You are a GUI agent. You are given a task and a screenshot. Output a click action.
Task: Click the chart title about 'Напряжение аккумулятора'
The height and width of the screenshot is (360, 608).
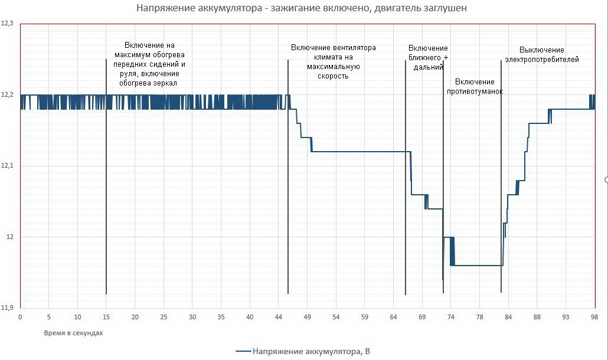304,8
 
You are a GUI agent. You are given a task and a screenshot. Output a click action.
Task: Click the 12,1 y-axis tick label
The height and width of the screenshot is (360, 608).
8,166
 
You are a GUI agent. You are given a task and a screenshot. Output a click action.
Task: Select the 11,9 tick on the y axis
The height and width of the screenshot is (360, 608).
8,307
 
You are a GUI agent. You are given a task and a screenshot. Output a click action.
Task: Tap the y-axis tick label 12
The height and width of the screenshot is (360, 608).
9,237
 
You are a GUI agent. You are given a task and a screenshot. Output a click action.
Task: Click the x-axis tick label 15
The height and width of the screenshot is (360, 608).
106,317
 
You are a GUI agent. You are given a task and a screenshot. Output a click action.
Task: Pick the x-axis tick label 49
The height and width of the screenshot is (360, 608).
307,317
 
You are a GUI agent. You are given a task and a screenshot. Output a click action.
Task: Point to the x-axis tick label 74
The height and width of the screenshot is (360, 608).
450,317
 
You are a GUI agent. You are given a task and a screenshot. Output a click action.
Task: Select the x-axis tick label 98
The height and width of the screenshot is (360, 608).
594,317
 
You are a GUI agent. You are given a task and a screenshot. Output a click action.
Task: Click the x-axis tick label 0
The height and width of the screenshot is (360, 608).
20,317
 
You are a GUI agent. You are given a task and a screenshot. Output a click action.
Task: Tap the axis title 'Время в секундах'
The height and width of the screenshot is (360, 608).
73,333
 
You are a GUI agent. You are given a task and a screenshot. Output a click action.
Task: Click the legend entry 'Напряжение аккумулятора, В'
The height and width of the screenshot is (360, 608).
303,352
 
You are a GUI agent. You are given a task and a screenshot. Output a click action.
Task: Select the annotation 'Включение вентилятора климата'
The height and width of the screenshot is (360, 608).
333,61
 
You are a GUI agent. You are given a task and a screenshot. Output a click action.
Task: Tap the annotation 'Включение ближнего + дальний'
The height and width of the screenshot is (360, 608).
428,57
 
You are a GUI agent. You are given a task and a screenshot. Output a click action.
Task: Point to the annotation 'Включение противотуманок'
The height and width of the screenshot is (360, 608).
475,86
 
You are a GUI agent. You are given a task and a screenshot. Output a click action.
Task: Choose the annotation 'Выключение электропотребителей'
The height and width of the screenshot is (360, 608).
541,54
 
